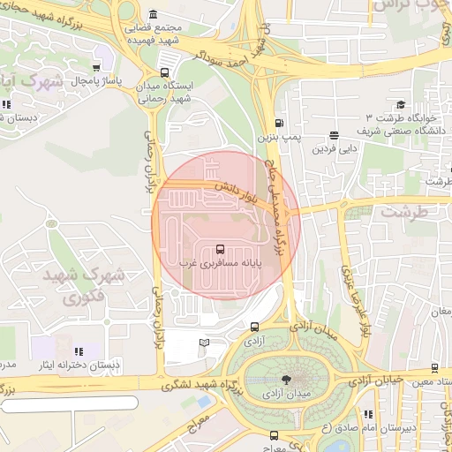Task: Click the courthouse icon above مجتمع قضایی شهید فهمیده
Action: click(154, 15)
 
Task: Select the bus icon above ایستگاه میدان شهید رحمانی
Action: click(163, 74)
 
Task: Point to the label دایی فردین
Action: click(334, 149)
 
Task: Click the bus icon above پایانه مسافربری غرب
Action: click(220, 249)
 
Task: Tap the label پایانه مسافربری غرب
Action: click(216, 263)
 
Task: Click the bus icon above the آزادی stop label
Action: click(255, 327)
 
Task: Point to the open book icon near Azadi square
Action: click(205, 343)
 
